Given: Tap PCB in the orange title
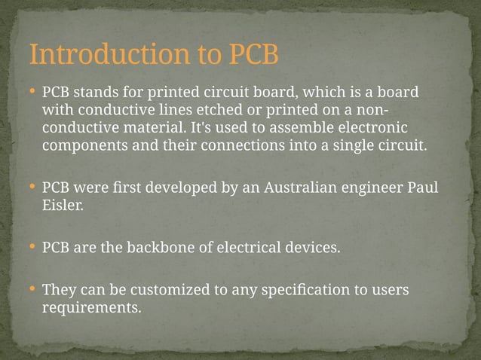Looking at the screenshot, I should click(x=253, y=55).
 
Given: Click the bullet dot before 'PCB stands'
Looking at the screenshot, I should click(x=32, y=91).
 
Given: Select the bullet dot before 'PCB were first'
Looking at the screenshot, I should click(x=32, y=185).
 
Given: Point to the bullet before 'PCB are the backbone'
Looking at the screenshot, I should click(x=32, y=246).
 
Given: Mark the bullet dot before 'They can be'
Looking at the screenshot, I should click(x=32, y=288).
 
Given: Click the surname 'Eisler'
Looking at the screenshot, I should click(x=61, y=205).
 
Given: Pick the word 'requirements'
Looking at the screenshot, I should click(x=91, y=307).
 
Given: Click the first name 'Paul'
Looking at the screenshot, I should click(x=422, y=188).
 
